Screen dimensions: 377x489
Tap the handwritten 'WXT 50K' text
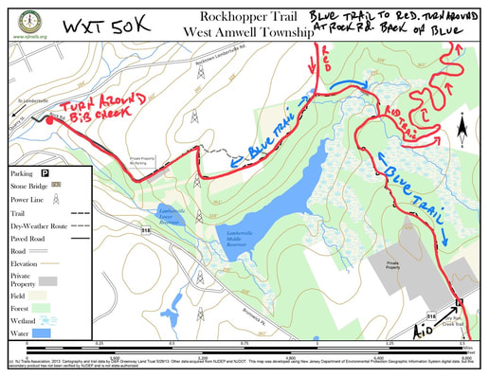tap(106, 26)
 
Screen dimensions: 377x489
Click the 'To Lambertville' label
tap(21, 98)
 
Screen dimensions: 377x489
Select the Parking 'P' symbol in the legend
tap(44, 173)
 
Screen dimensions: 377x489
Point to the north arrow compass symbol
tap(461, 126)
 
